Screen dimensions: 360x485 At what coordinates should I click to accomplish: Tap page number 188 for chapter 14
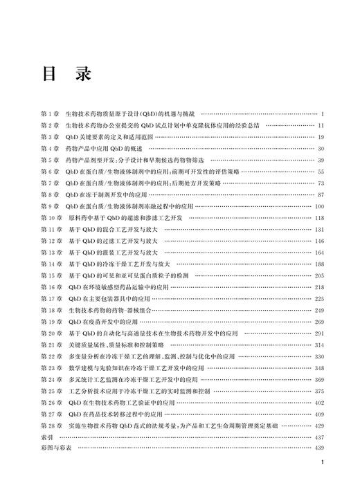(319, 264)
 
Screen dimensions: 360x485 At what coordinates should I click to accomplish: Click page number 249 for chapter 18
(319, 311)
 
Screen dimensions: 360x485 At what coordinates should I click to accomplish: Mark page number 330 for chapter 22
(319, 357)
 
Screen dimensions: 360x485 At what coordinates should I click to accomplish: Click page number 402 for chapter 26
(319, 403)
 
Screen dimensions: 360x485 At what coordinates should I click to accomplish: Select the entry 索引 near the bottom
(47, 439)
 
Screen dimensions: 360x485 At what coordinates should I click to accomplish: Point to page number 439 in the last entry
(319, 450)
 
